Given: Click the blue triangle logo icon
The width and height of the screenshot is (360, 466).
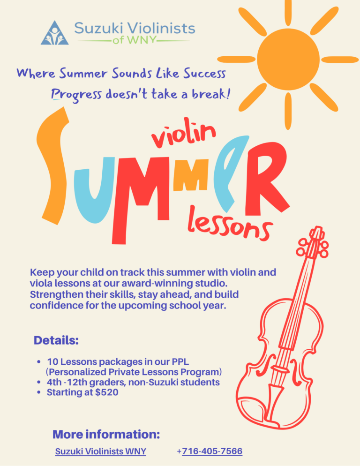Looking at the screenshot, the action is (x=55, y=33).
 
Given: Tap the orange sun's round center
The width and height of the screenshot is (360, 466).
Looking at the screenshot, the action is (x=288, y=59).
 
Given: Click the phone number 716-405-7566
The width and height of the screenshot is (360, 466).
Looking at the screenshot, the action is (x=212, y=451).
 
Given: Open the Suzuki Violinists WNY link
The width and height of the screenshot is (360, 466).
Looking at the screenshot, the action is (x=100, y=451).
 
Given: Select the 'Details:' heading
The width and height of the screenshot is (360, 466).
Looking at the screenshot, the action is (x=56, y=340).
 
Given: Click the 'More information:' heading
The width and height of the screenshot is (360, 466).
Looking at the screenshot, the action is (x=106, y=434).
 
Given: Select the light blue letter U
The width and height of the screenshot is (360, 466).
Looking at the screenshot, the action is (x=94, y=190).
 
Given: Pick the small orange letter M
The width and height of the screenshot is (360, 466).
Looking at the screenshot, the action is (x=191, y=176).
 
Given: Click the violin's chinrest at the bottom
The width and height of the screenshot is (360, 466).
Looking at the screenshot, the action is (x=253, y=409).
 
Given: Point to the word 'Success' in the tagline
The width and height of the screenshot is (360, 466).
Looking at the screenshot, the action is (x=204, y=74).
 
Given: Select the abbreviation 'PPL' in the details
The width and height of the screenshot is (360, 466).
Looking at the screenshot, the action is (x=180, y=361).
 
